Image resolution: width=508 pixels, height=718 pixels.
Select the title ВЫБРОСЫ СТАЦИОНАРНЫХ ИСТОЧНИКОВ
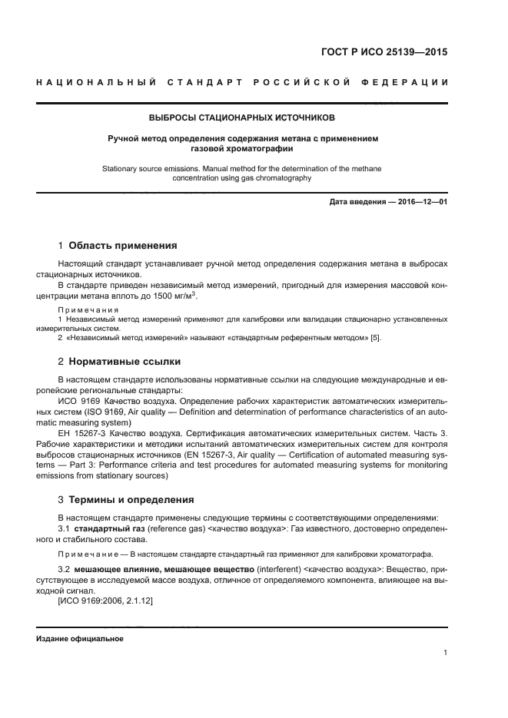point(242,118)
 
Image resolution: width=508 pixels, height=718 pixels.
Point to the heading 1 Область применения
point(118,246)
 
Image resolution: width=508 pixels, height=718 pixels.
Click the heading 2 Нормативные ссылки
point(120,361)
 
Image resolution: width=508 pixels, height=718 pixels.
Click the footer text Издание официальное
point(79,639)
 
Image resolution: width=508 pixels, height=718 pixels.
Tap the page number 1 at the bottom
point(445,653)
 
